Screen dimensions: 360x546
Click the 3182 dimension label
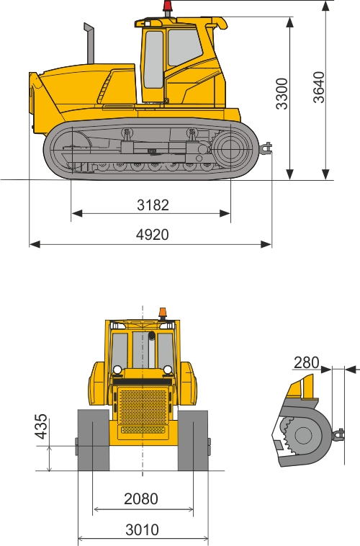point(153,205)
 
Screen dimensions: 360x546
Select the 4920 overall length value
point(152,235)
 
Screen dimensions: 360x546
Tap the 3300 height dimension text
point(282,94)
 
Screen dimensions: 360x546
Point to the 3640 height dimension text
point(318,87)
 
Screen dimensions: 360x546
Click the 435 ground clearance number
point(41,426)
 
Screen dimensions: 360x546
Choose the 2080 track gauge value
point(141,499)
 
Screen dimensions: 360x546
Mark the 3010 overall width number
point(142,529)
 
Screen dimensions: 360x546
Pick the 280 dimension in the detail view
point(307,362)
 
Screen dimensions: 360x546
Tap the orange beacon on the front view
point(163,313)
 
